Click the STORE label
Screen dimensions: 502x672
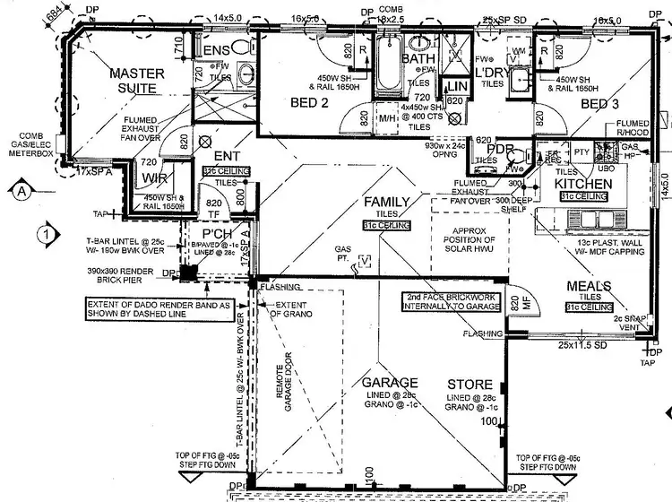coord(470,383)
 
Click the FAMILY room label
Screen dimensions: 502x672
coord(386,203)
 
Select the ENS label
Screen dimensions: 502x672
coord(219,50)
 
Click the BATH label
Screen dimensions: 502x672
coord(418,59)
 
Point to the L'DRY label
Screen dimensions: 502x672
coord(491,71)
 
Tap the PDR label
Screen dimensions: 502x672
coord(501,149)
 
